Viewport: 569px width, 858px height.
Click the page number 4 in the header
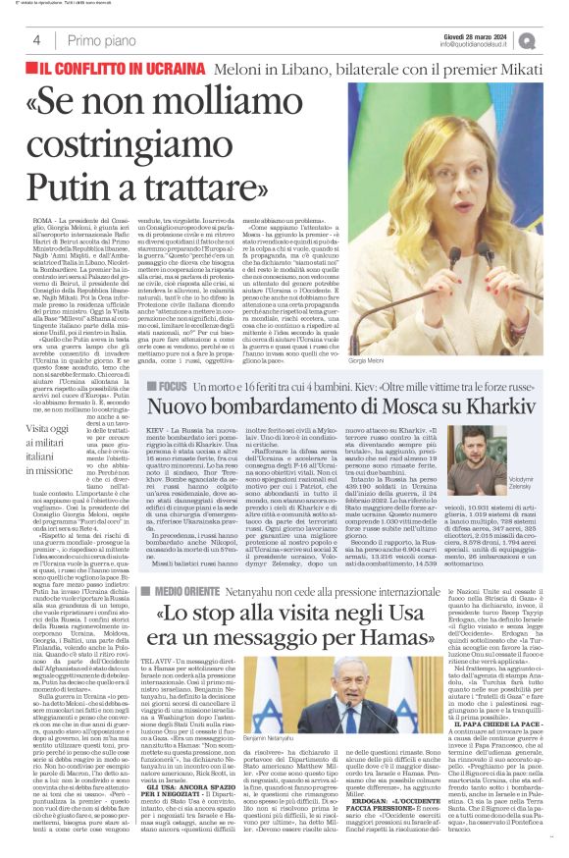coord(35,40)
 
